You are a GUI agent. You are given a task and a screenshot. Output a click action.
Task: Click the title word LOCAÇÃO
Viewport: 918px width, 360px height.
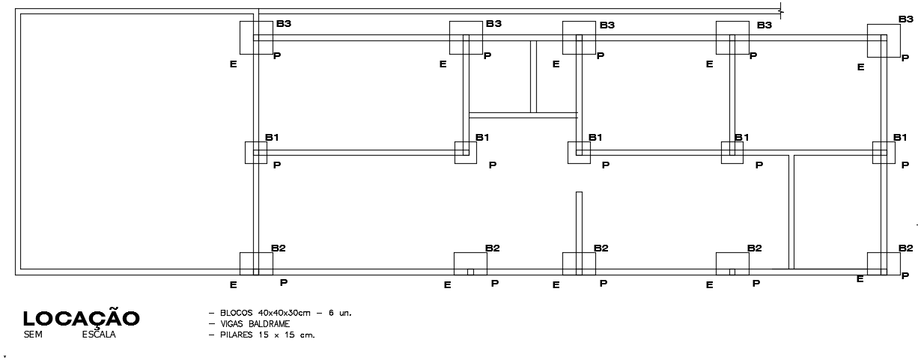[x=81, y=318]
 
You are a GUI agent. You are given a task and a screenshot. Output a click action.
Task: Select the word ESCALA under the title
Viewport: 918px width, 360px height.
[x=99, y=335]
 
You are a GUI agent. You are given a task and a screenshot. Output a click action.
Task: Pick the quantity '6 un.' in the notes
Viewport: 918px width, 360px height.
[x=340, y=313]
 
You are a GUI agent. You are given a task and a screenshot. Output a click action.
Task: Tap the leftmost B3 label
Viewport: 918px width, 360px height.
[x=284, y=24]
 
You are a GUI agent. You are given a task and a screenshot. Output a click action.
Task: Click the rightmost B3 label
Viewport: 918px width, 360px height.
[x=906, y=19]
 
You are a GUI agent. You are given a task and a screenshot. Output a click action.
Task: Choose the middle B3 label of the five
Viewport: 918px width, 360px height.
[x=607, y=25]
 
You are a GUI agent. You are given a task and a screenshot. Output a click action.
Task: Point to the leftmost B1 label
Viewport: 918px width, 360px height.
[x=273, y=138]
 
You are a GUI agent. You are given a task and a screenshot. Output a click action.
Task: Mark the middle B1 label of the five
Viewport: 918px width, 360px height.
[x=595, y=138]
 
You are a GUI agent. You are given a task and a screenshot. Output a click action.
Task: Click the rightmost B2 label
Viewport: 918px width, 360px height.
[x=906, y=248]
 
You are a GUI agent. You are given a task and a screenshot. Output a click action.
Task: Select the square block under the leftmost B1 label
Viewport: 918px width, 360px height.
[x=256, y=152]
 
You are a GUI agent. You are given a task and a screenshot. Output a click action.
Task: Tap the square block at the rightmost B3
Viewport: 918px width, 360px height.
[x=884, y=40]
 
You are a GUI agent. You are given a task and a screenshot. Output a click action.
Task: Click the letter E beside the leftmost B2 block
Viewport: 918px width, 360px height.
[x=234, y=284]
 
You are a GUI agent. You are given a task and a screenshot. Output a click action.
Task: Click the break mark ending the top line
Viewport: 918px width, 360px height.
[x=781, y=11]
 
